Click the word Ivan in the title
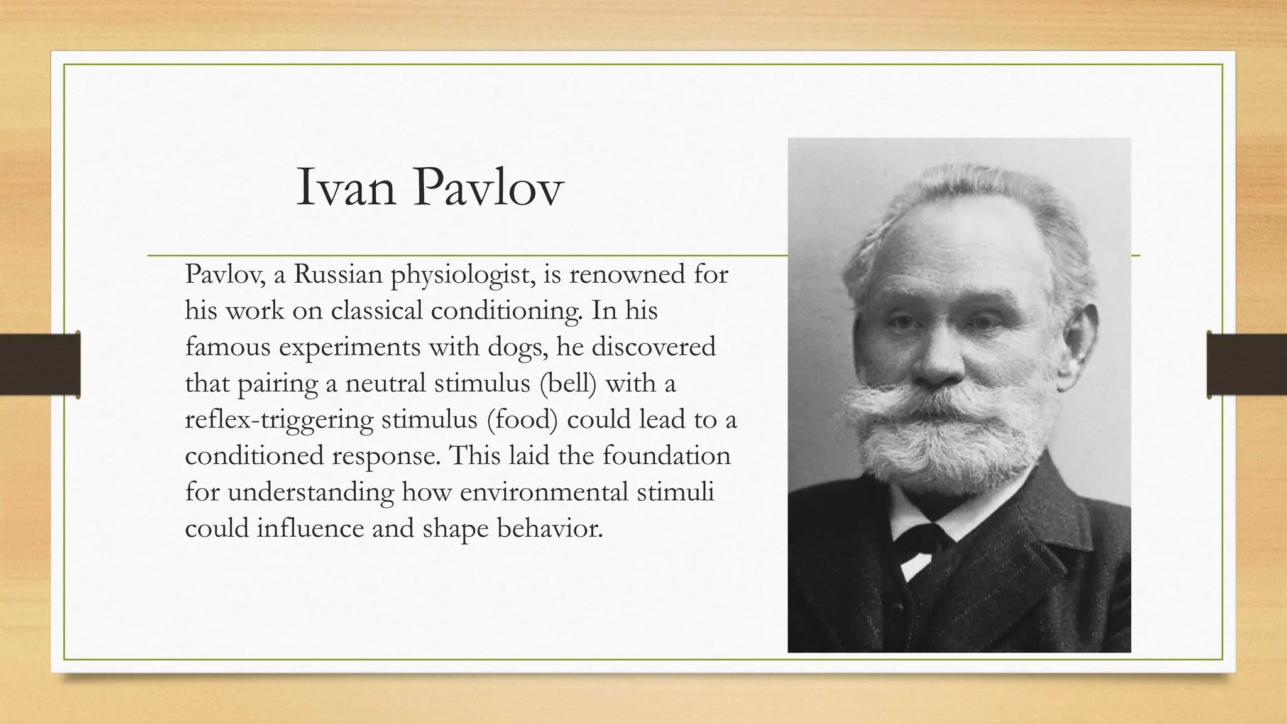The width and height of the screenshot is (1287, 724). (346, 187)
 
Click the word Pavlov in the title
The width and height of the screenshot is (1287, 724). (488, 187)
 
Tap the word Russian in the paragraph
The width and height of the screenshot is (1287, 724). (337, 274)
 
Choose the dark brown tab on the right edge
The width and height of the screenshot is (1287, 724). (1247, 365)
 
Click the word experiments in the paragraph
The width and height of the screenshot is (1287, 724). (349, 348)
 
